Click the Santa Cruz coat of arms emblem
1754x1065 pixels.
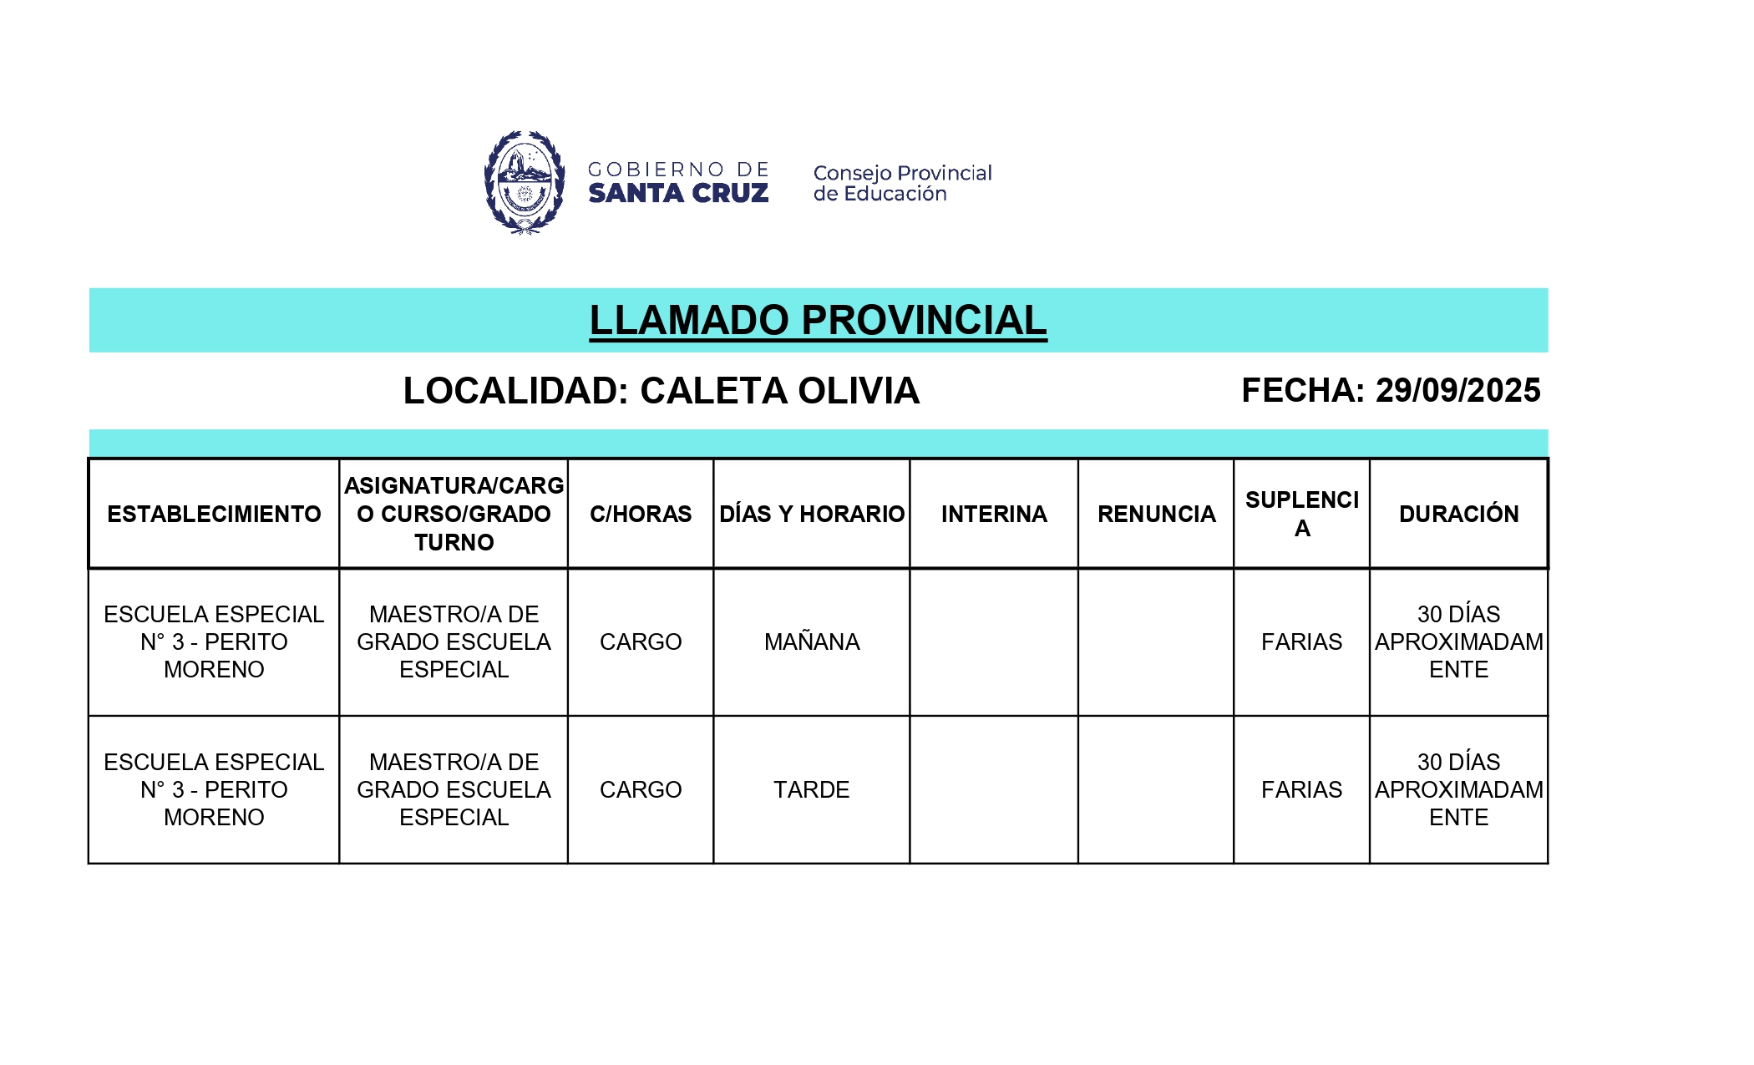click(525, 182)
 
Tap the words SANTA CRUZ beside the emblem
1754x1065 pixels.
click(678, 194)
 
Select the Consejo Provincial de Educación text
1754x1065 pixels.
click(902, 183)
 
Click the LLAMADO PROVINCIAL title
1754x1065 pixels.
click(818, 321)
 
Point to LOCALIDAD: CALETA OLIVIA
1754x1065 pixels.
click(661, 391)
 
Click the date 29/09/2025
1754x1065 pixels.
click(1457, 391)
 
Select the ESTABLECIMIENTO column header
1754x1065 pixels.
click(214, 514)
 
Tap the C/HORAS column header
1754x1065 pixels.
click(641, 514)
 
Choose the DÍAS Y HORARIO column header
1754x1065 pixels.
click(812, 514)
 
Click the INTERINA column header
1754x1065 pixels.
click(994, 514)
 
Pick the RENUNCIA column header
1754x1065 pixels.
click(1156, 514)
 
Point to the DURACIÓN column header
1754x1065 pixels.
click(1458, 514)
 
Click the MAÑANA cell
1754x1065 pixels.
click(812, 642)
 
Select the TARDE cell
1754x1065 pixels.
click(812, 789)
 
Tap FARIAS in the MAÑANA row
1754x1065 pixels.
click(1301, 642)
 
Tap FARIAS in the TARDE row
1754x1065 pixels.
click(1301, 789)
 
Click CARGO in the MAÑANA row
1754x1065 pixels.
click(641, 642)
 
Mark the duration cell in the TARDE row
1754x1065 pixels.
click(1458, 789)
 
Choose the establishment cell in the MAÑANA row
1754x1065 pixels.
click(214, 642)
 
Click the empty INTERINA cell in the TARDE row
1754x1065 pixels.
click(994, 789)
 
